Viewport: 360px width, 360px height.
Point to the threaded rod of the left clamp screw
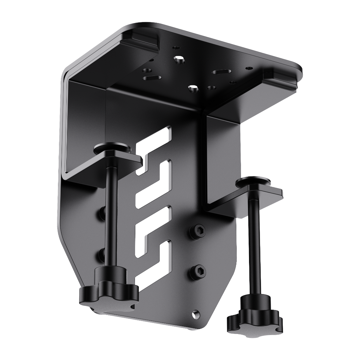pyautogui.click(x=110, y=217)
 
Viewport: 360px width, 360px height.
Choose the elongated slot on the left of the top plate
pyautogui.click(x=152, y=78)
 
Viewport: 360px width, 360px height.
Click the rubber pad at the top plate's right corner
pyautogui.click(x=282, y=78)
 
